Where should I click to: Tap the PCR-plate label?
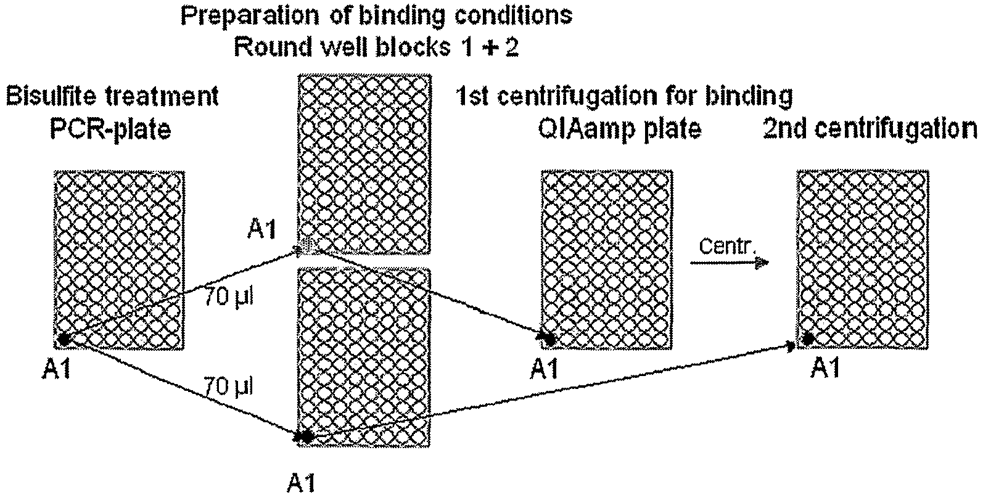(x=110, y=130)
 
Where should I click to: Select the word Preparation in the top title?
(x=250, y=16)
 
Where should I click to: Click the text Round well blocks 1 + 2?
(x=376, y=47)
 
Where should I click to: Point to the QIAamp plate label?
(x=620, y=130)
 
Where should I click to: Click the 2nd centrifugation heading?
(x=870, y=130)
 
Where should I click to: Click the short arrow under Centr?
(x=730, y=263)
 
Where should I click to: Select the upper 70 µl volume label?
(x=229, y=298)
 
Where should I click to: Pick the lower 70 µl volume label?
(x=229, y=387)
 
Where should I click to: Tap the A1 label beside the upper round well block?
(x=262, y=229)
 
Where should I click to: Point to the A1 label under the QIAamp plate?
(x=544, y=369)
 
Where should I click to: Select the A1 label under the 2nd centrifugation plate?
(x=825, y=368)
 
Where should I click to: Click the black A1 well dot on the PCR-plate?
(x=64, y=339)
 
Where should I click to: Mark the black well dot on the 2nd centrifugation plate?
(x=807, y=338)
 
